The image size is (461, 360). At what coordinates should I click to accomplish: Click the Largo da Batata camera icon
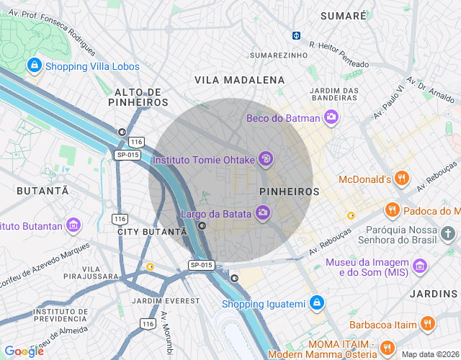coord(263,212)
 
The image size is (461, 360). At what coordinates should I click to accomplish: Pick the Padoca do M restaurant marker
coord(393,210)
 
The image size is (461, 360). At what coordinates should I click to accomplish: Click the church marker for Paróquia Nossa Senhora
coord(448,233)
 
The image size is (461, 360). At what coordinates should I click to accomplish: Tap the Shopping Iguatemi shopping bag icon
coord(315,303)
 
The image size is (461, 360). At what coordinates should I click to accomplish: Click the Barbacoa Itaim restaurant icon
coord(428,325)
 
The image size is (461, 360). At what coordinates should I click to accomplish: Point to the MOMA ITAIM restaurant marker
coord(387,348)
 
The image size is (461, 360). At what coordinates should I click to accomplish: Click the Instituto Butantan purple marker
coord(73,226)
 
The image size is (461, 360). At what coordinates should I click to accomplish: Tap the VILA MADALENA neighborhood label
coord(239,80)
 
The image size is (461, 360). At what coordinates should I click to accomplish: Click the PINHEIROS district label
coord(289,192)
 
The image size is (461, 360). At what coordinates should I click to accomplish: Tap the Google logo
coord(24,351)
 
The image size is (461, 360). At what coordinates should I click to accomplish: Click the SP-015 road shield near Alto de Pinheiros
coord(127,155)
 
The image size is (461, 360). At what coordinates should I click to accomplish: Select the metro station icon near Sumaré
coord(296,35)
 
